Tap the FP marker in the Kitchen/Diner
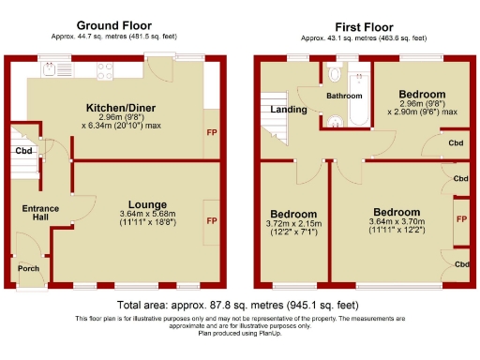(x=211, y=133)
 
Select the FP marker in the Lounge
(x=211, y=221)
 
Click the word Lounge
(x=148, y=204)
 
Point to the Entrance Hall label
(x=40, y=212)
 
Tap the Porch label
(x=29, y=268)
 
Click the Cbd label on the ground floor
(x=23, y=150)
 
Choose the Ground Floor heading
(x=114, y=24)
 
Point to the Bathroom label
(x=344, y=96)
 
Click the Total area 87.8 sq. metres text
(x=238, y=306)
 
